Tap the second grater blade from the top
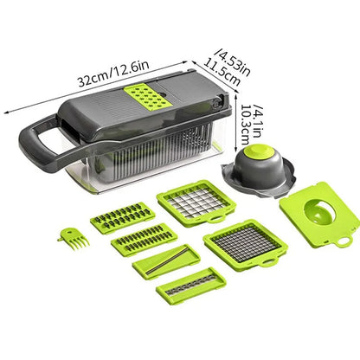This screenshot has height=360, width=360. [143, 238]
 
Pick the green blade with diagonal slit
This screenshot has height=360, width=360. [164, 260]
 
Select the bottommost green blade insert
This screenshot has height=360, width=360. [190, 286]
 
